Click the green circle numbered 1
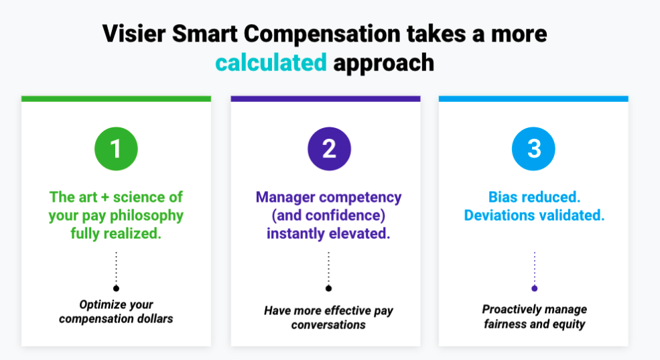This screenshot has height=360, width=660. pyautogui.click(x=116, y=148)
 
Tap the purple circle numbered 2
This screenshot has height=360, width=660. pyautogui.click(x=329, y=148)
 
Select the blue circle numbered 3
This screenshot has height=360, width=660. pyautogui.click(x=534, y=148)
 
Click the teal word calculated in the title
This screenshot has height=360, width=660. pyautogui.click(x=271, y=63)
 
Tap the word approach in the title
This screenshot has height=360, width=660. pyautogui.click(x=383, y=63)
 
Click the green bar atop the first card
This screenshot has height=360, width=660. pyautogui.click(x=116, y=99)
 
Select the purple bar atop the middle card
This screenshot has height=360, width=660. pyautogui.click(x=326, y=99)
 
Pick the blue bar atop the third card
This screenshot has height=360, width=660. pyautogui.click(x=533, y=99)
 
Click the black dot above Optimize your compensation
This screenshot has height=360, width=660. pyautogui.click(x=116, y=288)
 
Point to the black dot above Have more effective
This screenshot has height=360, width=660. pyautogui.click(x=328, y=288)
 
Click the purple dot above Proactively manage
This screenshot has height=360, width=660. pyautogui.click(x=534, y=288)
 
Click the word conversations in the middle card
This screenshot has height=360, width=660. pyautogui.click(x=328, y=324)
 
